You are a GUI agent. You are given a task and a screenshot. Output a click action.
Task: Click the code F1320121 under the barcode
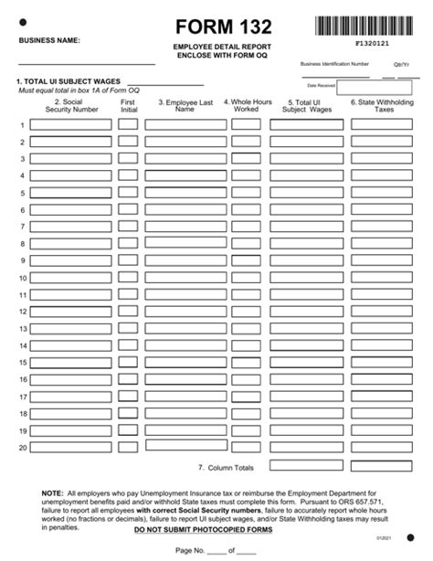click(369, 42)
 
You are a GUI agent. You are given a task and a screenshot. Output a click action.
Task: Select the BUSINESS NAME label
click(49, 40)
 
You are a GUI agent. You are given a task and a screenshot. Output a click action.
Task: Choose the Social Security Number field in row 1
click(70, 124)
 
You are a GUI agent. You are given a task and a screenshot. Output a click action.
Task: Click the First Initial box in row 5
click(128, 193)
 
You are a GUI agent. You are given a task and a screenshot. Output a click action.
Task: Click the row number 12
click(22, 312)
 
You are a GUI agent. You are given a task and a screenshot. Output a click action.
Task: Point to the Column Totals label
click(226, 467)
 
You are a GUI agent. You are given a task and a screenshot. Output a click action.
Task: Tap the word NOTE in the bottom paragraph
click(52, 492)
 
